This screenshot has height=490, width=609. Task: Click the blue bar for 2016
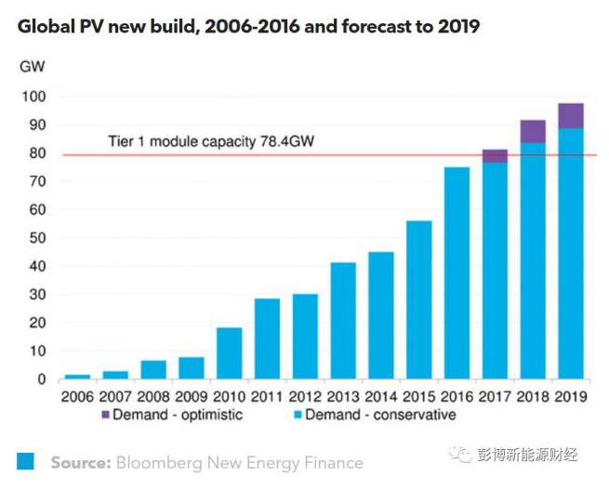point(456,273)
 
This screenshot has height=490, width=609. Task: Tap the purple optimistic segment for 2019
point(570,115)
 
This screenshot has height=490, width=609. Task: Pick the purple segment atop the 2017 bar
point(495,156)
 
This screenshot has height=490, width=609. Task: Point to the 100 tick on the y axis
point(34,97)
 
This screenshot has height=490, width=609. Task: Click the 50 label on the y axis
point(37,238)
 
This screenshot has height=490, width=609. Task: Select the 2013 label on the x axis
point(343,396)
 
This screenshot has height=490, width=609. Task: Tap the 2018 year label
point(532,396)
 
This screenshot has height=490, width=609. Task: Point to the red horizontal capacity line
point(279,154)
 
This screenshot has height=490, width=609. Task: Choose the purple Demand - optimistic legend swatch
point(103,415)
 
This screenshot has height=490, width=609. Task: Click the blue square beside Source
point(26,462)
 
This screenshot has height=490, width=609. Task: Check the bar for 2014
point(381,316)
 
